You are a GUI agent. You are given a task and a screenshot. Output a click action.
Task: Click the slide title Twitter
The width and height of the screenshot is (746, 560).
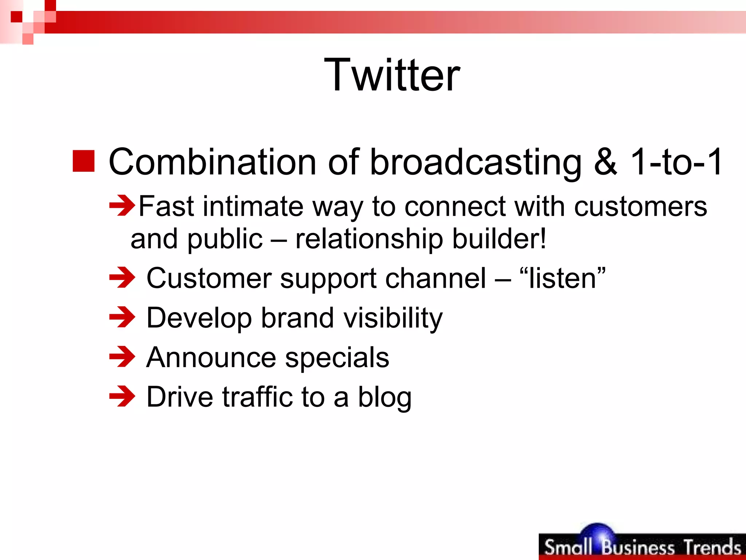[x=392, y=75]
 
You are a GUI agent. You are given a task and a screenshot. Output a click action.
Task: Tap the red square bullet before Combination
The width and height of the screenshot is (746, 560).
[x=83, y=161]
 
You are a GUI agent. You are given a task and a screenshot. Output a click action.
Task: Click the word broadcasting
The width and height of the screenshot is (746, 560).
[x=475, y=162]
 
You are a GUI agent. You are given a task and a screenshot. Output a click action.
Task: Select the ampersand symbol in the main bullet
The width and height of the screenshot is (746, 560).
[x=605, y=162]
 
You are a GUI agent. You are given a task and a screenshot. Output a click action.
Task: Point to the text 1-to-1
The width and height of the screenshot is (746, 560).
[x=676, y=162]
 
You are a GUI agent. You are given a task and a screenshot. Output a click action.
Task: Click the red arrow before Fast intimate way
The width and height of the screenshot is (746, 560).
[x=122, y=206]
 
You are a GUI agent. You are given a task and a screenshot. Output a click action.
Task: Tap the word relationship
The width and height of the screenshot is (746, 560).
[x=369, y=239]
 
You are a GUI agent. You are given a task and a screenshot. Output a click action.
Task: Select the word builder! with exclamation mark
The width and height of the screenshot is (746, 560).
[x=499, y=239]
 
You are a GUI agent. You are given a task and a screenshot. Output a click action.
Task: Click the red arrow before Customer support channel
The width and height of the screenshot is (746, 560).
[x=122, y=278]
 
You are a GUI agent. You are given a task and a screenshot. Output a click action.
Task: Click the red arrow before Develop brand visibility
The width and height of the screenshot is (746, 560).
[x=122, y=317]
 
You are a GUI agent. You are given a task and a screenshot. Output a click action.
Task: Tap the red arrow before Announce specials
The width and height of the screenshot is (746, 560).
[x=122, y=357]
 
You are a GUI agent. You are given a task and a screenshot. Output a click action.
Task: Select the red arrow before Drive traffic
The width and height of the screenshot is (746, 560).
[x=122, y=396]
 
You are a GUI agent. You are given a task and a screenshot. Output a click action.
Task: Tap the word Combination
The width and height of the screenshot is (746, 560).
[x=212, y=162]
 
